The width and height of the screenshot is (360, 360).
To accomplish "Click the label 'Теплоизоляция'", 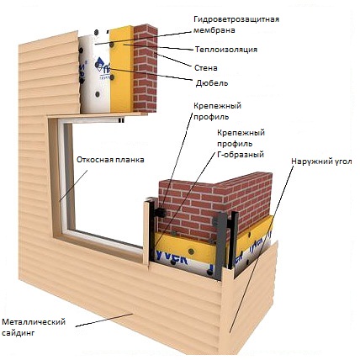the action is click(x=226, y=50).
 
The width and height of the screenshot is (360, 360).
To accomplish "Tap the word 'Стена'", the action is click(x=206, y=68).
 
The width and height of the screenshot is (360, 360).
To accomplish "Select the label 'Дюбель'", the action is click(x=212, y=83).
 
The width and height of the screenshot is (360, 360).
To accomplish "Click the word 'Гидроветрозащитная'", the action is click(x=236, y=19).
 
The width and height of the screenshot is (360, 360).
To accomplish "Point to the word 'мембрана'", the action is click(x=214, y=30).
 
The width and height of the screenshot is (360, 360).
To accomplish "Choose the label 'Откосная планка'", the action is click(x=110, y=160).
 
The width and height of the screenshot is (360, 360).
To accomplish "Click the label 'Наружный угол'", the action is click(x=321, y=161).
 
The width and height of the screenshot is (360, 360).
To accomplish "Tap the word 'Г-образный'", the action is click(x=241, y=155).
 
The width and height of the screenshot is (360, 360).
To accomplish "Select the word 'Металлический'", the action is click(x=34, y=321).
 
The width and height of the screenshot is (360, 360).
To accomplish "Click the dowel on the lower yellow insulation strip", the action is click(x=191, y=251).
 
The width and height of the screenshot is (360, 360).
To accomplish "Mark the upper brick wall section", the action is click(x=145, y=68).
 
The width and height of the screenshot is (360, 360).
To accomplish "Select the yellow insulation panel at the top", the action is click(x=121, y=70).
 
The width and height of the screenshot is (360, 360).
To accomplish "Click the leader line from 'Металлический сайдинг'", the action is click(x=104, y=320).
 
